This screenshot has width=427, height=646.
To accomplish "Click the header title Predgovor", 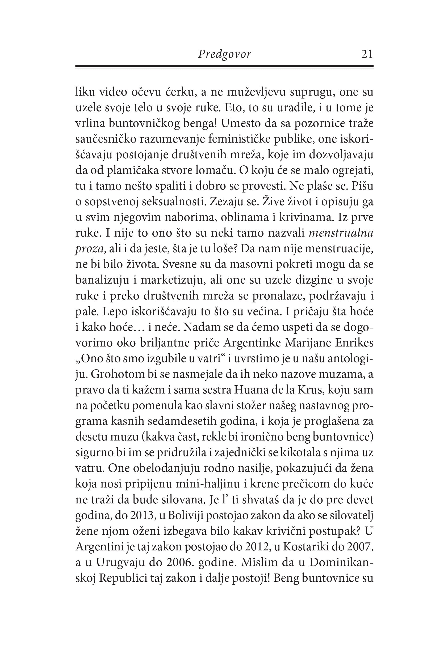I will click(224, 54).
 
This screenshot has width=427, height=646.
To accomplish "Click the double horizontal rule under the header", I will click(224, 67).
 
